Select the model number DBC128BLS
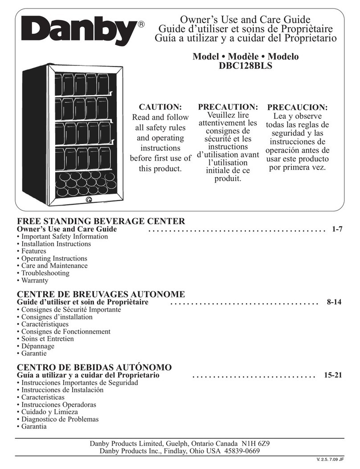[x=245, y=67]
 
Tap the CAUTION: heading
[x=160, y=107]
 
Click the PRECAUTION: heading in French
[x=228, y=107]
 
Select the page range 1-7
[x=337, y=229]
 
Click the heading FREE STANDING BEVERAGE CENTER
[x=100, y=221]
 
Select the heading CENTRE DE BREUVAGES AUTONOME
[x=100, y=295]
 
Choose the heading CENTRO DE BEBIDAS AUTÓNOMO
[x=94, y=368]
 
